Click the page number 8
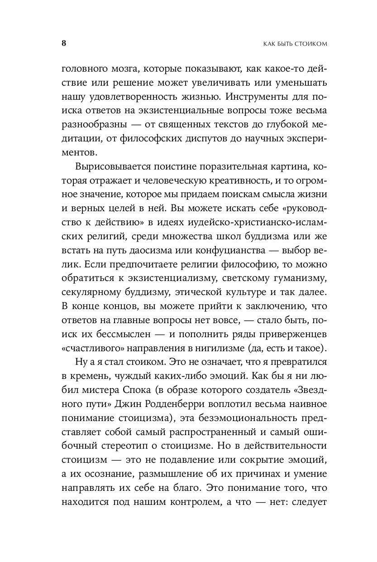pyautogui.click(x=63, y=44)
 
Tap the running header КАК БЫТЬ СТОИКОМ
pyautogui.click(x=288, y=44)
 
